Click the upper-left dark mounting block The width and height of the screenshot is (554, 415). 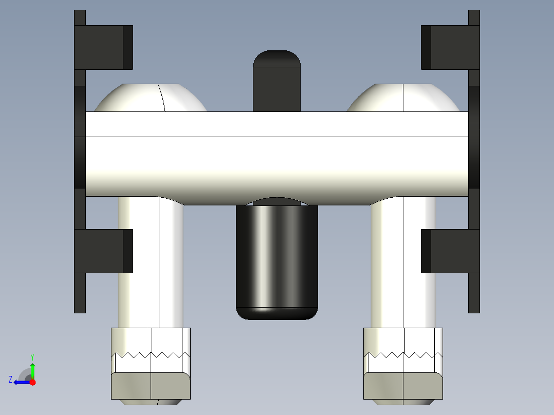103,47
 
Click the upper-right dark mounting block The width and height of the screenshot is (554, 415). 451,47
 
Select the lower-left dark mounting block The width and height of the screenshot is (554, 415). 103,251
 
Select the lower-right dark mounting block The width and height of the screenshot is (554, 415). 451,251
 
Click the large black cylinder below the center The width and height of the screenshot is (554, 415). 276,259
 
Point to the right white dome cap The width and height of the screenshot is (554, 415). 403,98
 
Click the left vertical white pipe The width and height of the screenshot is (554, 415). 151,262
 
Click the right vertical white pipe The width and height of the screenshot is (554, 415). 403,262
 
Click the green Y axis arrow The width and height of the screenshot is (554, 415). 32,370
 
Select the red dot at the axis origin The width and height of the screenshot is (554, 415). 32,382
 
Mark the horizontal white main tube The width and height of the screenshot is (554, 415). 276,154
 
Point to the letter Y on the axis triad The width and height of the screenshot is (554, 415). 32,356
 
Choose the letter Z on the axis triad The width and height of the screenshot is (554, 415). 10,379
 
